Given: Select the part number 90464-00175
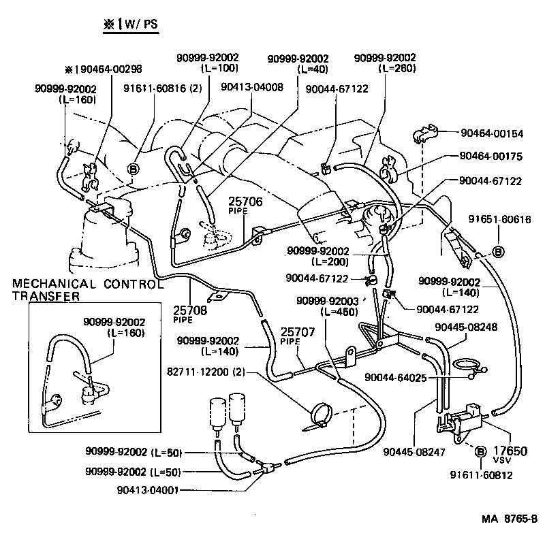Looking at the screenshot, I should click(490, 156).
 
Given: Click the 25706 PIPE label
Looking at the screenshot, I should click(245, 204).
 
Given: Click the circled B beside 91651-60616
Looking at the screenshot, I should click(499, 252).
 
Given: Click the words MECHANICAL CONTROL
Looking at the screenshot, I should click(87, 284).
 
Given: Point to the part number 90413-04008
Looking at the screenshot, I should click(252, 87).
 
